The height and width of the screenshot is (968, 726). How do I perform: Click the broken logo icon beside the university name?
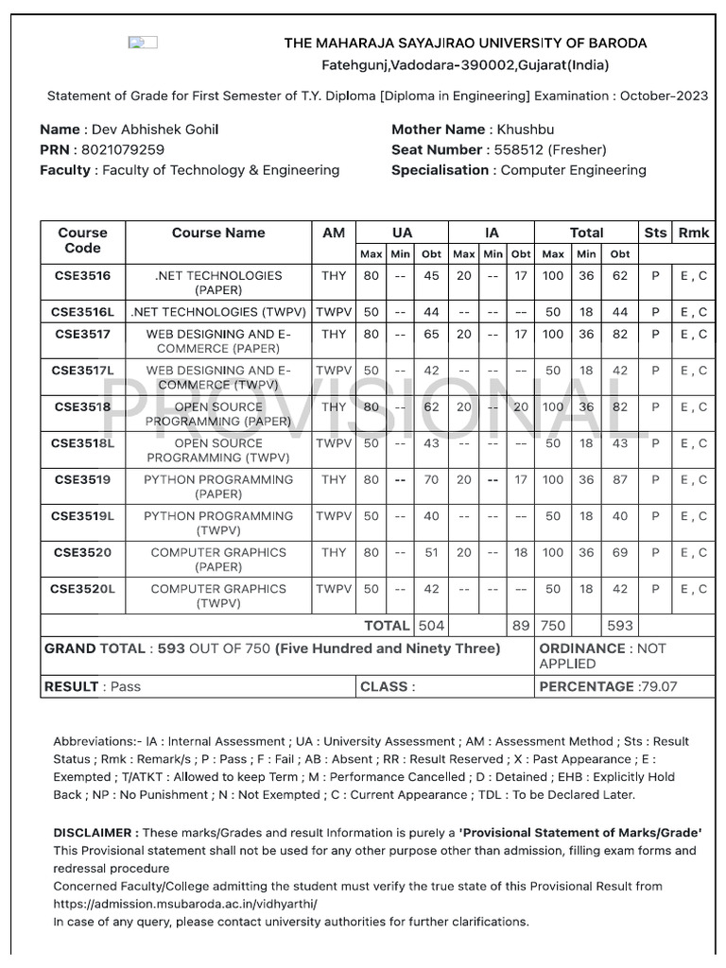143,43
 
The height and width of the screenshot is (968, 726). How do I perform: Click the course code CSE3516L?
82,312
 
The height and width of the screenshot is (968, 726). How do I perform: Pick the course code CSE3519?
82,479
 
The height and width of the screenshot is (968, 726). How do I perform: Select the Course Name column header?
218,233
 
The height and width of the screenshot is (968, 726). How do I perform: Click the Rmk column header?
693,233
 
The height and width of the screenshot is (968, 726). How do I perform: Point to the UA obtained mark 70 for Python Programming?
431,479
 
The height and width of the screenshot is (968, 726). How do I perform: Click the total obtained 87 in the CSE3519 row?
619,479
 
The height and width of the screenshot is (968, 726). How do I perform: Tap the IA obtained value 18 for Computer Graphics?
520,552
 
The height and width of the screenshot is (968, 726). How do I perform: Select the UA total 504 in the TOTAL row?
431,625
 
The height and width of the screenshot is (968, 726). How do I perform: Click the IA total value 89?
520,625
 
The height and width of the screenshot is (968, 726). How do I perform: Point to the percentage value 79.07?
672,686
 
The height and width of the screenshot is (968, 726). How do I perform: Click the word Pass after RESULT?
125,686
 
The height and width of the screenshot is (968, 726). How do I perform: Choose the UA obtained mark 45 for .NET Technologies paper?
431,276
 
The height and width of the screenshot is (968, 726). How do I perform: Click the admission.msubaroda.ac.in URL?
185,904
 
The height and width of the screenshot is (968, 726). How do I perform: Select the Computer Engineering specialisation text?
573,170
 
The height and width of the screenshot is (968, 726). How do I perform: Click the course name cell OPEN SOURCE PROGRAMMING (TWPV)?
218,450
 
